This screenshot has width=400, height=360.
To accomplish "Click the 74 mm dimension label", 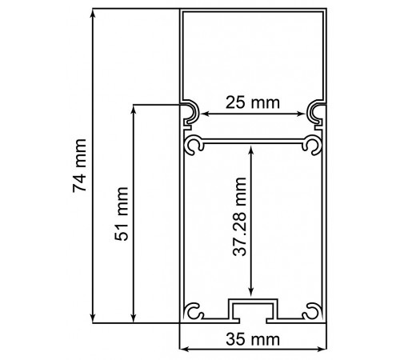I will [x=80, y=166].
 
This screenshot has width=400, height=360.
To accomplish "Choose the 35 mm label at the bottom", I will [x=252, y=339].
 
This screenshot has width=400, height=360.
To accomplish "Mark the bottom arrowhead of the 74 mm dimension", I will [x=95, y=318].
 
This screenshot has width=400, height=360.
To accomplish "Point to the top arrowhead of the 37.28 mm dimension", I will [x=252, y=150].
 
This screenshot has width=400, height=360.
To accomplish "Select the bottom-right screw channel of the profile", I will [x=313, y=311].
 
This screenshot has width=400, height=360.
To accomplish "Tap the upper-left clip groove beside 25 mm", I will [x=190, y=114].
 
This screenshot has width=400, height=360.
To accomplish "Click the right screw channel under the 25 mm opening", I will [x=312, y=145].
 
